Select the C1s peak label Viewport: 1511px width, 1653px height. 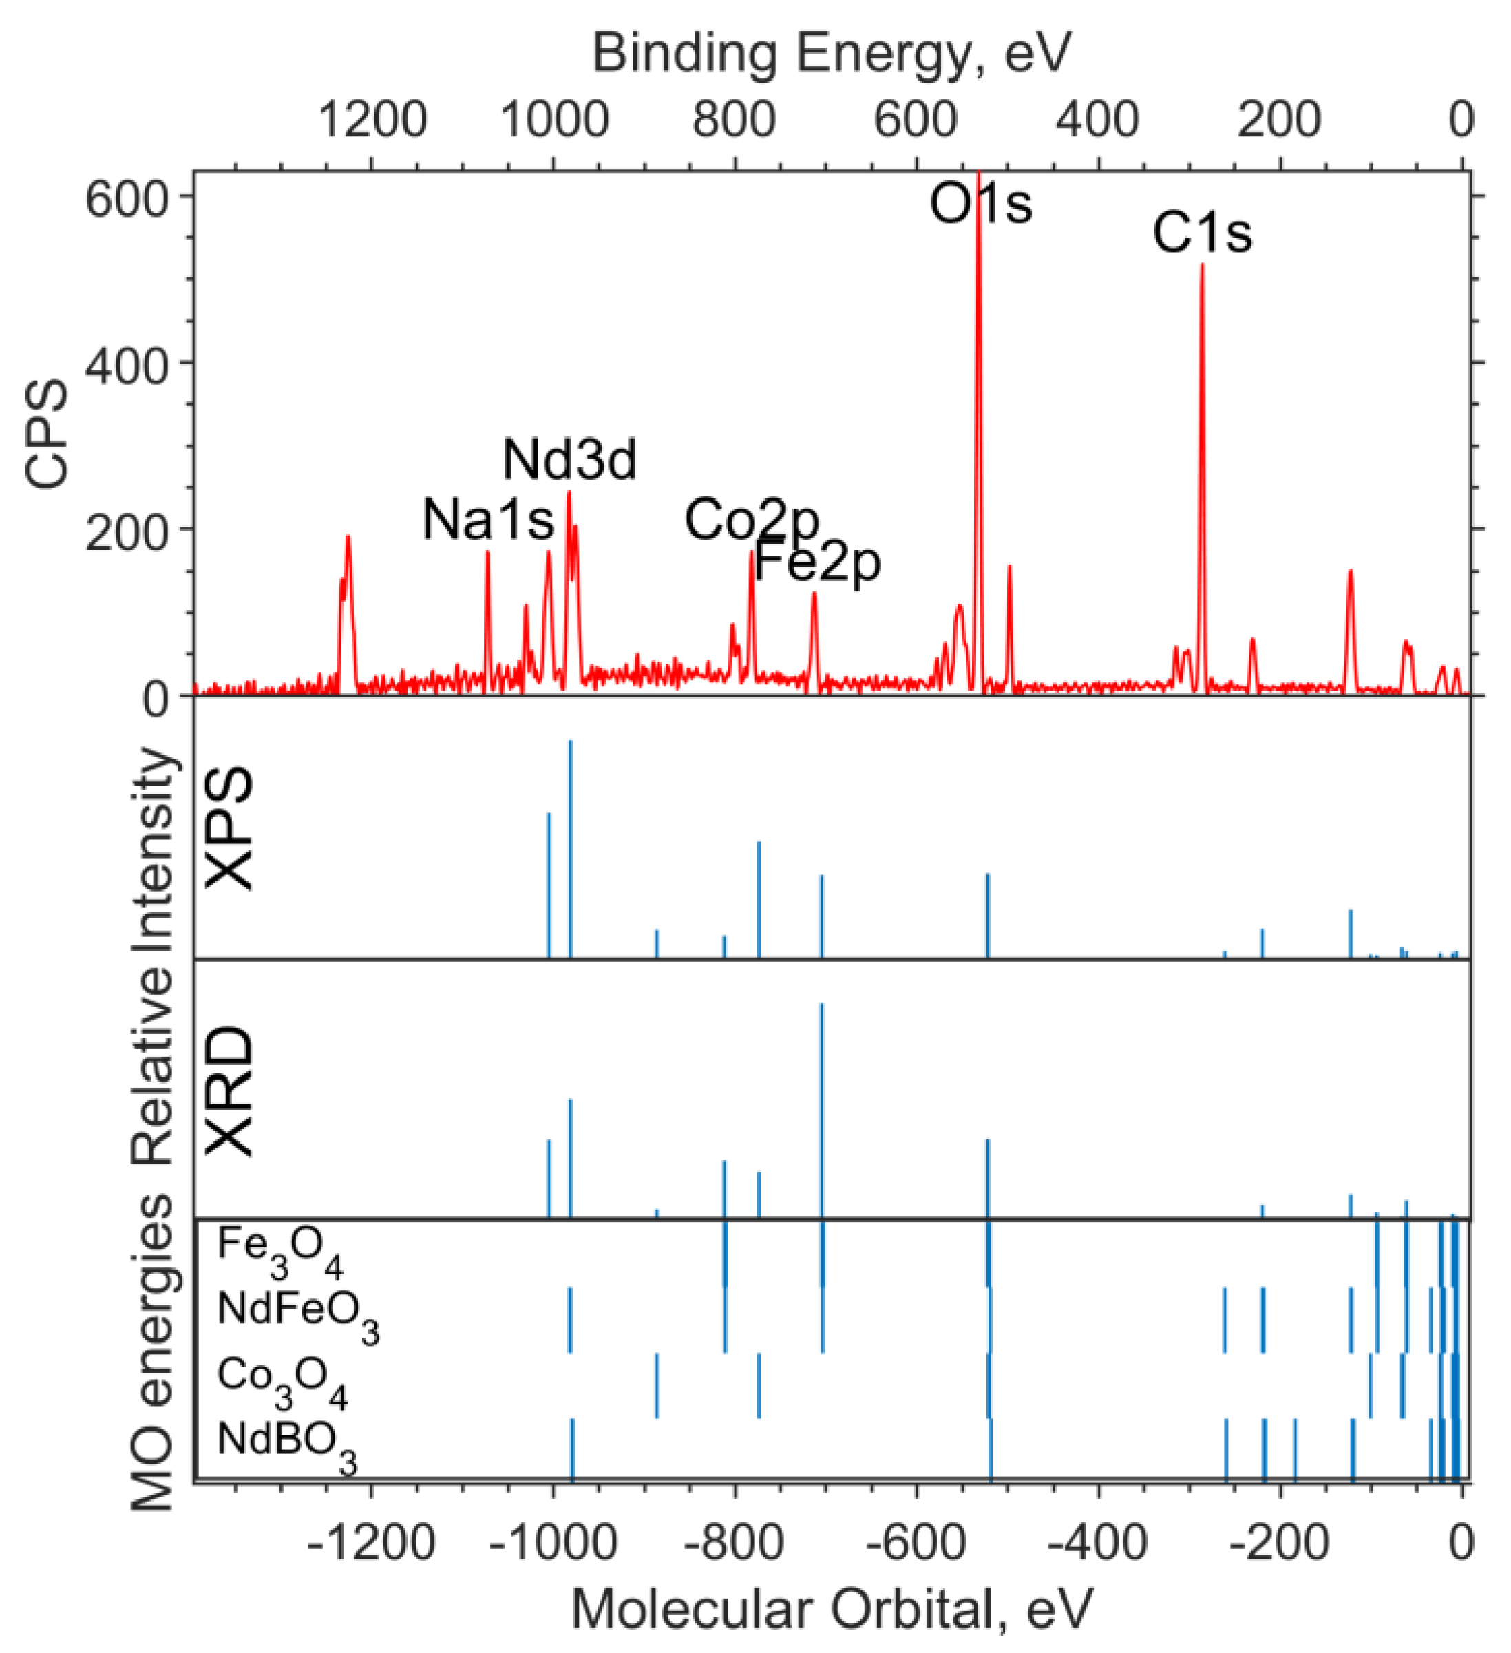click(1202, 233)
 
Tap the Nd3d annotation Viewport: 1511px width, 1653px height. click(569, 459)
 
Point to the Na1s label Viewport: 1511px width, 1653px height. click(488, 520)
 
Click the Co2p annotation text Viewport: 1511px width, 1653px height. click(752, 520)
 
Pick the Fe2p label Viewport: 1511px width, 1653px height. click(817, 562)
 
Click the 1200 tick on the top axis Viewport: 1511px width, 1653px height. click(372, 120)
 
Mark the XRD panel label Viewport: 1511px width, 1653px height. click(229, 1091)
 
